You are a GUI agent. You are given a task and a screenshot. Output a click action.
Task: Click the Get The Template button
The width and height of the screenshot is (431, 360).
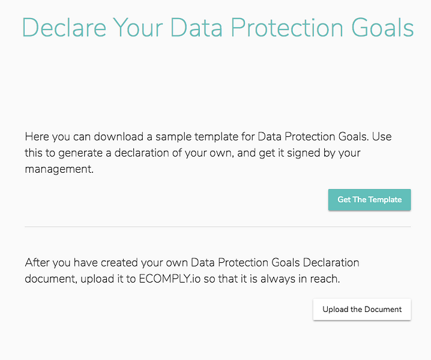pos(369,200)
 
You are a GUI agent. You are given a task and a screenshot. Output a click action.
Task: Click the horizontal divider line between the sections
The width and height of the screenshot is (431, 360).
pos(217,227)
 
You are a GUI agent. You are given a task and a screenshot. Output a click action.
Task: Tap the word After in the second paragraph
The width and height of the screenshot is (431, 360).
pos(38,263)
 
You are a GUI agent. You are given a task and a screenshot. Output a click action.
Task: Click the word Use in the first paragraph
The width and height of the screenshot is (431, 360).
pos(381,136)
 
